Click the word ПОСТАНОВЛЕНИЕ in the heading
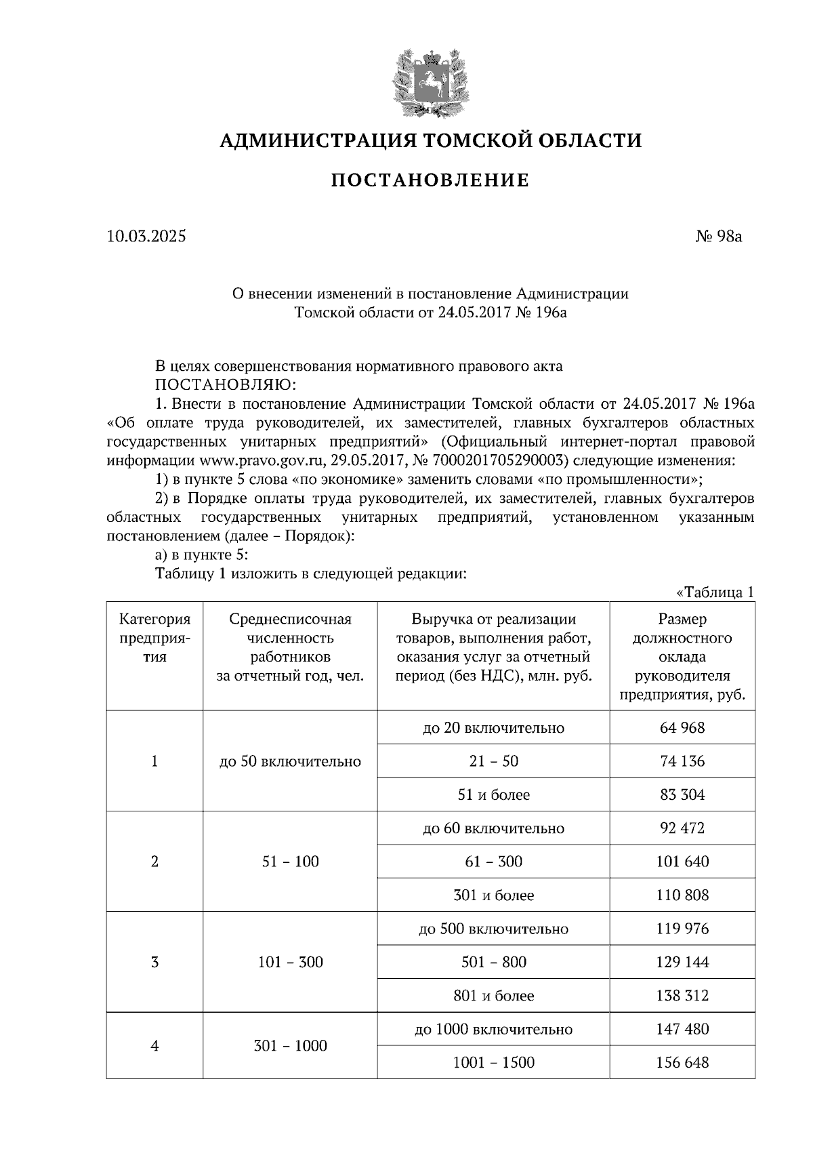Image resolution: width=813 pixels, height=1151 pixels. tap(430, 180)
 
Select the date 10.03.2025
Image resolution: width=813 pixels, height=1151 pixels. tap(146, 237)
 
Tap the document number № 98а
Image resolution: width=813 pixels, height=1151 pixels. tap(719, 237)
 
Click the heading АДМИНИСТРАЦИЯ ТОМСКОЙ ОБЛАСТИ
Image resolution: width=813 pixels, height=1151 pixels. tap(430, 140)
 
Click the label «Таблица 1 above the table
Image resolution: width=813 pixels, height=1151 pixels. tap(715, 592)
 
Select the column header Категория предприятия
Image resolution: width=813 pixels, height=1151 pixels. tap(155, 638)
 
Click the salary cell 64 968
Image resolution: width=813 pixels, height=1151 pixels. tap(682, 728)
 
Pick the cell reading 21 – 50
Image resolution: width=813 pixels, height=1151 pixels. tap(493, 761)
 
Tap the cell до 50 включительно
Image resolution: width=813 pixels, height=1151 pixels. tap(290, 761)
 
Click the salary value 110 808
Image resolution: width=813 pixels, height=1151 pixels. tap(682, 895)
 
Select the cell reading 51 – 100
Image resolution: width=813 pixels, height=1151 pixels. tap(290, 862)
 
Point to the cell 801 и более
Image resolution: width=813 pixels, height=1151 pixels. tap(493, 996)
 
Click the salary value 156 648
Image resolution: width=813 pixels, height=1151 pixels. tap(682, 1062)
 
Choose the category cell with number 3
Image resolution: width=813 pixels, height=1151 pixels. tap(155, 962)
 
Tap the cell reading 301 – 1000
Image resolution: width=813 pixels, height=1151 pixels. tap(290, 1046)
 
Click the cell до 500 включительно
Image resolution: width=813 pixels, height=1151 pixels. tap(493, 929)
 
